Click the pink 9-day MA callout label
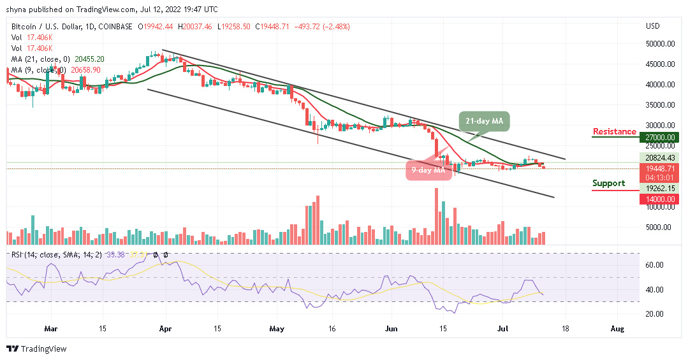(423, 170)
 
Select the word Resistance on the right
(614, 132)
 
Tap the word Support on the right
(608, 184)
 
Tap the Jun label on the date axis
(391, 329)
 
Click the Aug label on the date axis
(617, 329)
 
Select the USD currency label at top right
(652, 26)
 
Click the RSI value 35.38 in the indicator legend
(115, 254)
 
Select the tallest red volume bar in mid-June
(437, 217)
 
